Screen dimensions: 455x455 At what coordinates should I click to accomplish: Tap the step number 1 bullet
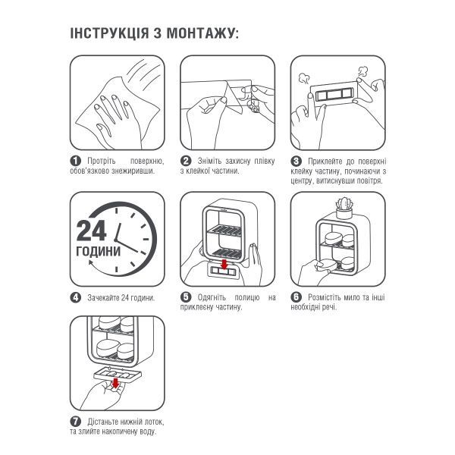click(75, 161)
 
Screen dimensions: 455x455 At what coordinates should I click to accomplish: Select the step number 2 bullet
click(186, 161)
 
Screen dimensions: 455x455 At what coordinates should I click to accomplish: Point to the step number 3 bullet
click(296, 161)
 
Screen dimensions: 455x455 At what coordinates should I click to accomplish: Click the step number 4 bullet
click(75, 297)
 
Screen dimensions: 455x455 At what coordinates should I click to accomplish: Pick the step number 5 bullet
click(186, 297)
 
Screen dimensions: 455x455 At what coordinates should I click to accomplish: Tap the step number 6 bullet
click(296, 297)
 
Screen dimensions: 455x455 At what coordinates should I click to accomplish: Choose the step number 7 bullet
click(75, 422)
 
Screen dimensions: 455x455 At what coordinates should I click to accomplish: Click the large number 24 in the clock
click(91, 231)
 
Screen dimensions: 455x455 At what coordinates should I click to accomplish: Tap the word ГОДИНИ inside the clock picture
click(98, 251)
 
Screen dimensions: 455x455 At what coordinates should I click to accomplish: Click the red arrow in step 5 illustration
click(224, 265)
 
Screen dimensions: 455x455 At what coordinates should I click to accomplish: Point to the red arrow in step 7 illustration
click(115, 383)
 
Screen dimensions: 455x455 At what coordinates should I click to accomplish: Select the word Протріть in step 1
click(102, 161)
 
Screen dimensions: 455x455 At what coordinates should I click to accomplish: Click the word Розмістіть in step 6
click(325, 297)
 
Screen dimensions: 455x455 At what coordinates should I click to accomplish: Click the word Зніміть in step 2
click(209, 161)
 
